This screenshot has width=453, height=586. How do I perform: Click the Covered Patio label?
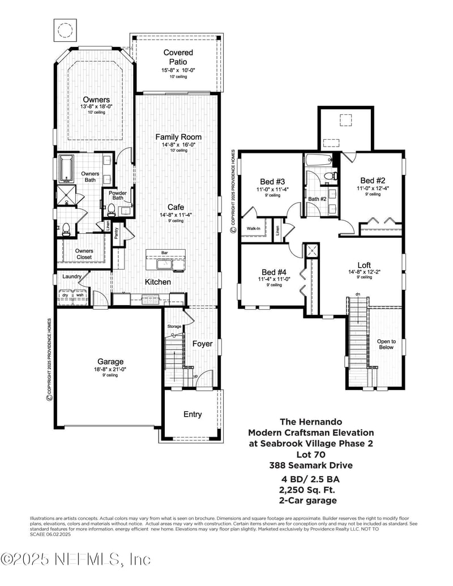178,57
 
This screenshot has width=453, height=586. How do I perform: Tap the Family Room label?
178,137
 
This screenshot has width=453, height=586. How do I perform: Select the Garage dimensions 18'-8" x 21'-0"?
110,369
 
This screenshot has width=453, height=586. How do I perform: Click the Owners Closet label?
84,254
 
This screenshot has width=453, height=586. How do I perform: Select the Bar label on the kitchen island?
165,253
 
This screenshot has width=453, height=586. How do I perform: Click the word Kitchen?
157,281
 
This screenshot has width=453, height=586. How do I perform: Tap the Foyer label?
202,344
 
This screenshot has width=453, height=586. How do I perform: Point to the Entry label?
193,414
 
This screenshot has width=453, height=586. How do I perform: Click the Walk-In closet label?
253,229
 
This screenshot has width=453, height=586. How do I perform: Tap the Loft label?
364,264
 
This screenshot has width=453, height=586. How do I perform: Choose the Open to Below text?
386,344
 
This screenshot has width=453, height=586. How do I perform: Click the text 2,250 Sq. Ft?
308,490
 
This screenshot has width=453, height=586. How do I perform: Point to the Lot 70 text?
311,455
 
